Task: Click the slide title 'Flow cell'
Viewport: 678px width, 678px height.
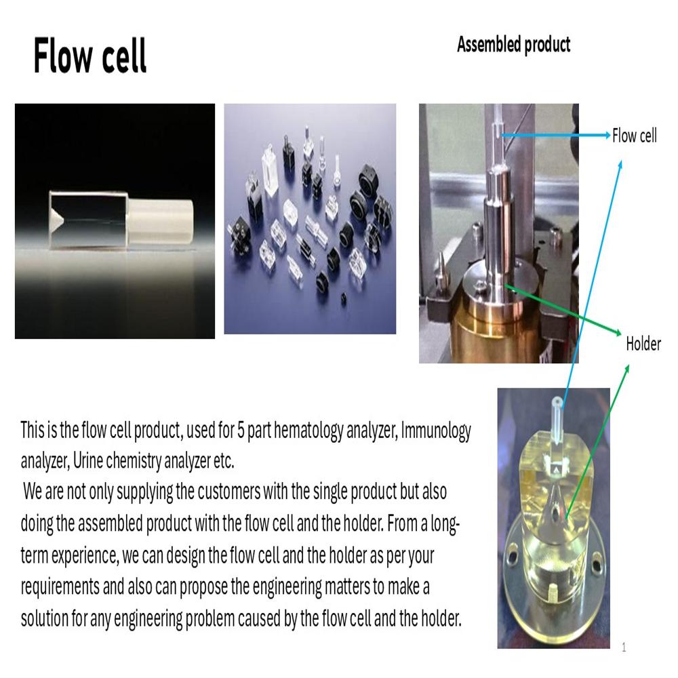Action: (89, 56)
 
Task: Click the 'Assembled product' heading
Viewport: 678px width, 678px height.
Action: (513, 45)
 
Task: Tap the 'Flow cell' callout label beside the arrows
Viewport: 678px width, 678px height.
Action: (634, 136)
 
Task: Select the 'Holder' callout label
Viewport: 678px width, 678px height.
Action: (643, 344)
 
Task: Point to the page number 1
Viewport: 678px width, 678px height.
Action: (624, 647)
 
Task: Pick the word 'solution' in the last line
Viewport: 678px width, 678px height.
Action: (45, 618)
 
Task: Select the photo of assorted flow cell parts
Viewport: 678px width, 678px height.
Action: (310, 218)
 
